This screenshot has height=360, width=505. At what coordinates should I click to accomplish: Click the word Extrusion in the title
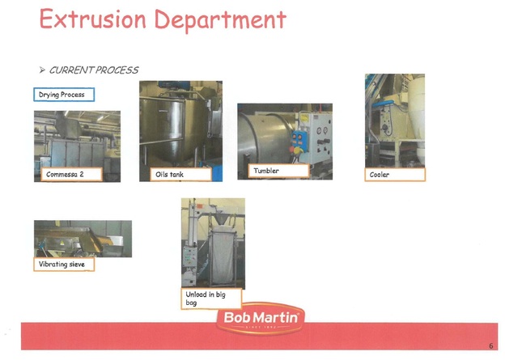click(93, 19)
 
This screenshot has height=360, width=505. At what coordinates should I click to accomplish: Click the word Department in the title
click(220, 20)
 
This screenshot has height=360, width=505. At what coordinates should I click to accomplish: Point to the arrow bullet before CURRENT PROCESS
click(42, 70)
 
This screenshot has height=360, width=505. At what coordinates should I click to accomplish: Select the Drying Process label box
click(64, 95)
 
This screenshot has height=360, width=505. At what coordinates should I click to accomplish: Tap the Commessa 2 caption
click(71, 174)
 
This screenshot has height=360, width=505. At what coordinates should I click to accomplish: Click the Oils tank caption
click(180, 175)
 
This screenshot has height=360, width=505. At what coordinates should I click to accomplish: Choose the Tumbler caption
click(278, 171)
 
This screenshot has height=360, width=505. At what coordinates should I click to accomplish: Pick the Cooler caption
click(395, 175)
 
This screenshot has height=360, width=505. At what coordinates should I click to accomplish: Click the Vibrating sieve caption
click(64, 265)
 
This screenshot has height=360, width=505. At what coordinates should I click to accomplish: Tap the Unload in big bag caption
click(211, 299)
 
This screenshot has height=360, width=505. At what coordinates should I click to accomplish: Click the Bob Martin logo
click(261, 319)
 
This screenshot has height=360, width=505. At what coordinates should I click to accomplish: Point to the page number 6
click(490, 345)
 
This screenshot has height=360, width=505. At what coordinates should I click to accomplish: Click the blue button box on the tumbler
click(299, 141)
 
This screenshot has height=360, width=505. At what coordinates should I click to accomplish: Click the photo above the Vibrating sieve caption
click(83, 239)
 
